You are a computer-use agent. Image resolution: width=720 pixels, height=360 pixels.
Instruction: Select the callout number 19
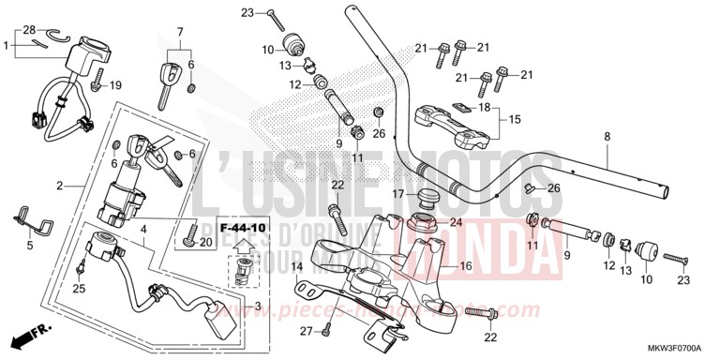coord(116,86)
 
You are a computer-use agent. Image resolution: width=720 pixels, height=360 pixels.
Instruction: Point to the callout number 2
coord(59,186)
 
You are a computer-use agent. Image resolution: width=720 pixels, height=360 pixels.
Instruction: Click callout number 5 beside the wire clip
coord(29,246)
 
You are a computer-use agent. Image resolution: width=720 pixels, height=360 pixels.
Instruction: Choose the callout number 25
coord(79,290)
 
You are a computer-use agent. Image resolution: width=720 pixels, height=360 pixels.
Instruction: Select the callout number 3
coord(259,306)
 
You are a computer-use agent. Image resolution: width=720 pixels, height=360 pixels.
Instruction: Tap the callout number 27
coord(305,332)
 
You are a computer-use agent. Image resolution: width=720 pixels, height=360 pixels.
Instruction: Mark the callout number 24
coord(457,222)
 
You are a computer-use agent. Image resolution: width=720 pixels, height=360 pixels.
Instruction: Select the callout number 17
coord(397,194)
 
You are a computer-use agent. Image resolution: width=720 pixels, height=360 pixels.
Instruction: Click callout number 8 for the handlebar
coord(607,137)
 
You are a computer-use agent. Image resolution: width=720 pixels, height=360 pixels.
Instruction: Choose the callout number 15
coord(515,119)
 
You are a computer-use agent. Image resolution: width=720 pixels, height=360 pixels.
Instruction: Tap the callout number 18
coord(484,108)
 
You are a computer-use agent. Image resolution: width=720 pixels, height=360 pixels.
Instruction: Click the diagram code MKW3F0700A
coord(677,349)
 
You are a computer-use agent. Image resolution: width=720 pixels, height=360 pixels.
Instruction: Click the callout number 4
coord(143,228)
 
